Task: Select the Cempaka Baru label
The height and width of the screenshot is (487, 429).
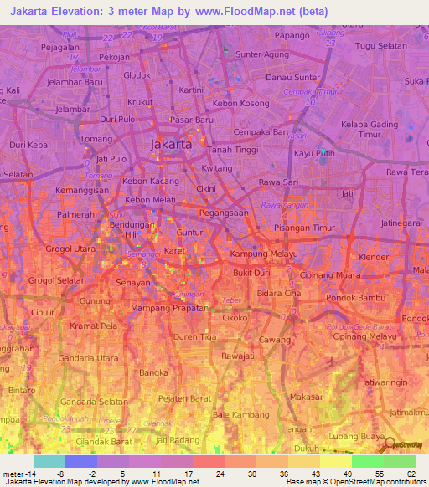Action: [261, 132]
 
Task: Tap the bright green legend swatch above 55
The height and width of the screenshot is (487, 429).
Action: [367, 461]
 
